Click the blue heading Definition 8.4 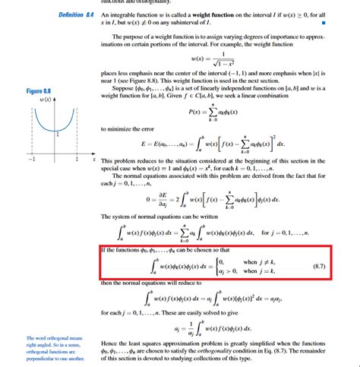[76, 15]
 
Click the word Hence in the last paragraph [110, 344]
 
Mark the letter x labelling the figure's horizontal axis [93, 160]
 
